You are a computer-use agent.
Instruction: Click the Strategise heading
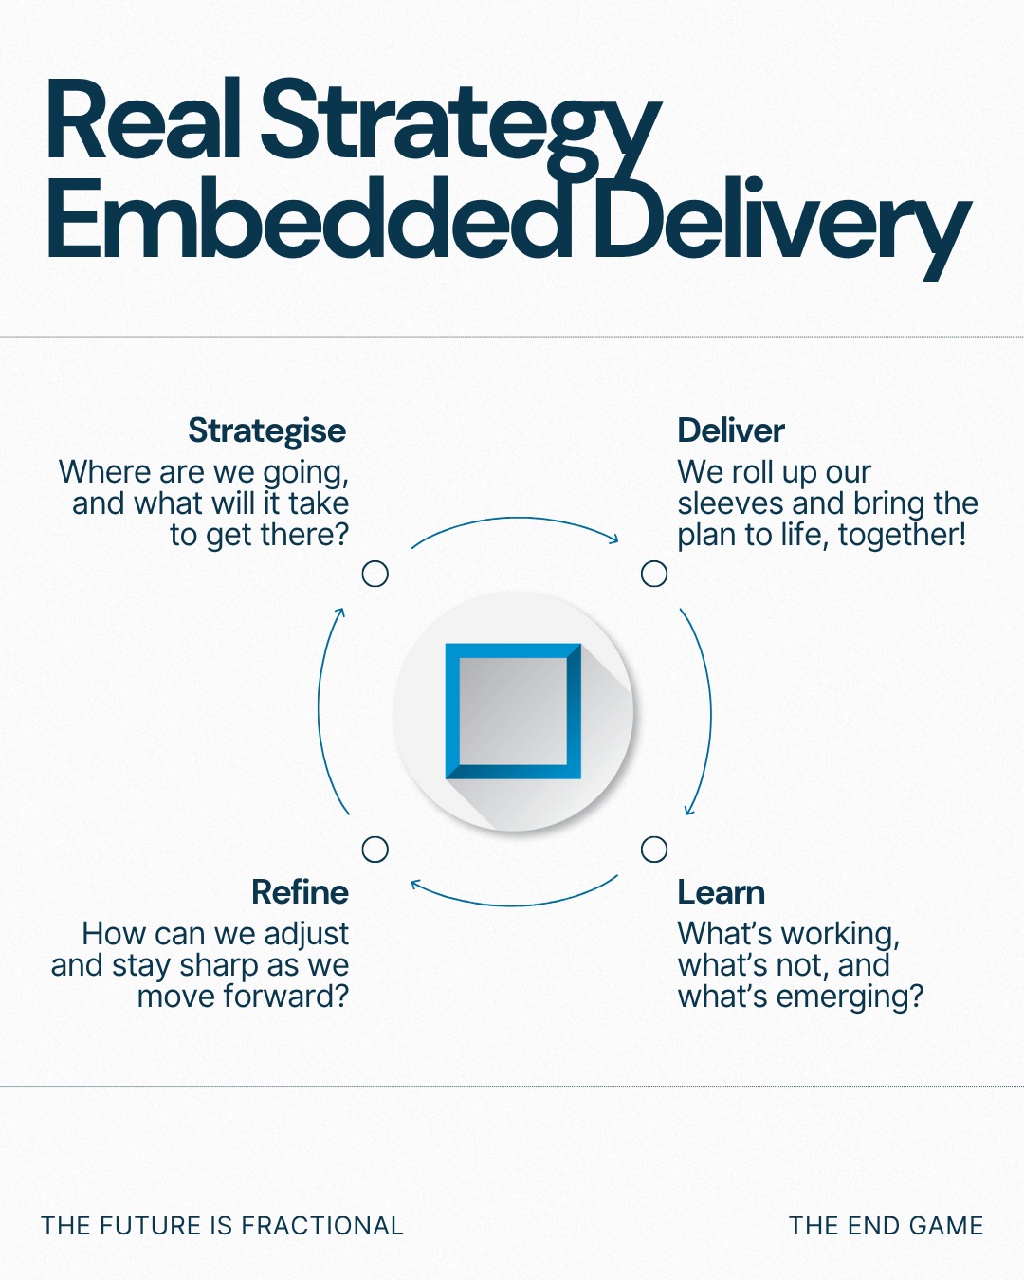(x=267, y=430)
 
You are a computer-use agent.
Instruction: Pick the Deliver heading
(x=731, y=430)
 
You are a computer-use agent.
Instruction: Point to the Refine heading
(x=300, y=892)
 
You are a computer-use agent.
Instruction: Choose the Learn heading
(x=722, y=892)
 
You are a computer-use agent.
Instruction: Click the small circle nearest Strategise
(x=375, y=574)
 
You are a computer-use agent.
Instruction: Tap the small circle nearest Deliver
(x=654, y=574)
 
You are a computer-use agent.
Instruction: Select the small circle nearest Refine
(x=375, y=850)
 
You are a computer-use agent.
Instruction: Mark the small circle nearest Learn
(x=654, y=850)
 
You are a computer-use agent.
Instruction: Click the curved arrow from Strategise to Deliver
(x=515, y=518)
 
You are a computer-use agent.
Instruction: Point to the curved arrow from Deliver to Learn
(x=710, y=711)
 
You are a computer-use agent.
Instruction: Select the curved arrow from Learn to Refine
(x=515, y=905)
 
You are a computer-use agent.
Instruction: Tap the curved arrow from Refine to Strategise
(x=319, y=711)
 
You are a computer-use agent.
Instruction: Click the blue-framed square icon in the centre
(x=513, y=711)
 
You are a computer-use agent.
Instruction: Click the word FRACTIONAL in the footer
(x=322, y=1226)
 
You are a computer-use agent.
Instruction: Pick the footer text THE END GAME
(x=886, y=1226)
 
